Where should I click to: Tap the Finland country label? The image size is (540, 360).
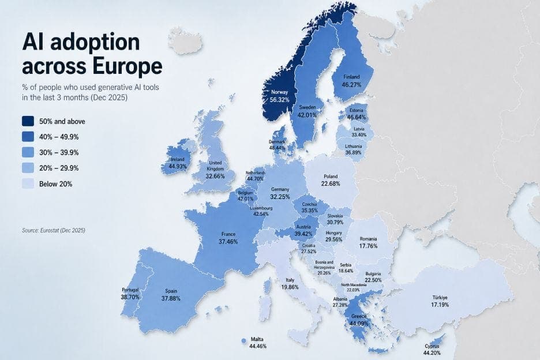point(351,77)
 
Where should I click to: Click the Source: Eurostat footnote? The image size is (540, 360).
point(54,230)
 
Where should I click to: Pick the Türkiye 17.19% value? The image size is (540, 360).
point(440,306)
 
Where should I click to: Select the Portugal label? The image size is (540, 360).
point(130,290)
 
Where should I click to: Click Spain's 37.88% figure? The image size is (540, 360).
point(171,298)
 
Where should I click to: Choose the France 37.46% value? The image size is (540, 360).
point(227,242)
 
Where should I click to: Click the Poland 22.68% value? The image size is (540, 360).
point(331,183)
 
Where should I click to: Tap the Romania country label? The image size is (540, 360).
point(368,239)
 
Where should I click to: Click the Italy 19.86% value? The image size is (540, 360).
point(290,286)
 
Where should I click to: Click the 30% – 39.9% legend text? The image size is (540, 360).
point(59,153)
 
